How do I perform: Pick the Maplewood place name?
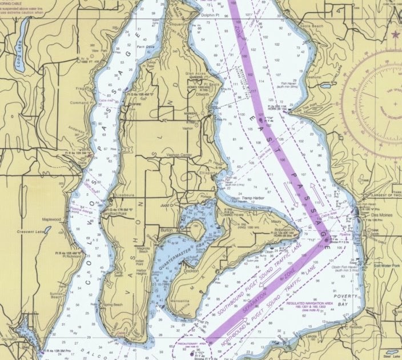tap(51, 219)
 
